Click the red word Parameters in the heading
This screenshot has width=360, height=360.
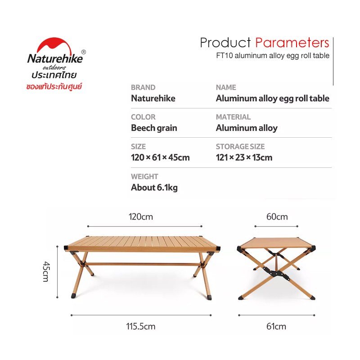pyautogui.click(x=292, y=43)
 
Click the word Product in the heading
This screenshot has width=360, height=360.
pyautogui.click(x=225, y=43)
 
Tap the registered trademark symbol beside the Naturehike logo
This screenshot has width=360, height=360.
pyautogui.click(x=84, y=52)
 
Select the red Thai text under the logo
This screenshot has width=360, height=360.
pyautogui.click(x=54, y=87)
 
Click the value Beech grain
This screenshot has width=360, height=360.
pyautogui.click(x=154, y=128)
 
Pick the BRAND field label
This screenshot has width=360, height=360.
pyautogui.click(x=143, y=87)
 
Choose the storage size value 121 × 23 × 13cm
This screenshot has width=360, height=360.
pyautogui.click(x=244, y=157)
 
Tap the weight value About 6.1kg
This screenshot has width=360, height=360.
pyautogui.click(x=154, y=188)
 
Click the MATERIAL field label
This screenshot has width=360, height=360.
pyautogui.click(x=233, y=117)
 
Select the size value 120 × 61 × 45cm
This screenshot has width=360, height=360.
pyautogui.click(x=160, y=157)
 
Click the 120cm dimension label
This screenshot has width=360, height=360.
pyautogui.click(x=141, y=217)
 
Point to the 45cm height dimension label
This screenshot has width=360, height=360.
pyautogui.click(x=46, y=271)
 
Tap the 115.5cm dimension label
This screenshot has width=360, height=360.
pyautogui.click(x=141, y=326)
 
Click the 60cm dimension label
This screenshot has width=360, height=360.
pyautogui.click(x=277, y=217)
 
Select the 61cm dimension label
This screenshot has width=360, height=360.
pyautogui.click(x=276, y=326)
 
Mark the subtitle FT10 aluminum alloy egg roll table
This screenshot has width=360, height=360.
pyautogui.click(x=273, y=56)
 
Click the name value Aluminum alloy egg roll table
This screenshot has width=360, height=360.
pyautogui.click(x=273, y=99)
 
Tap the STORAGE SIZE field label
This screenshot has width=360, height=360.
pyautogui.click(x=240, y=147)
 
